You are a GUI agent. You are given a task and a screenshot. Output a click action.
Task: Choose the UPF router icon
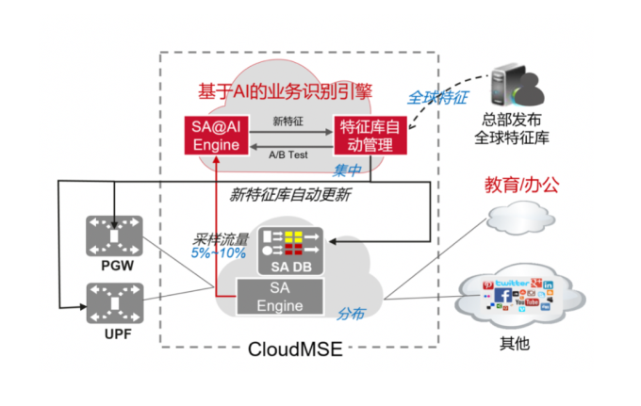click(111, 302)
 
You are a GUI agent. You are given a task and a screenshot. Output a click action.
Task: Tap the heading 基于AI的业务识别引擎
click(286, 91)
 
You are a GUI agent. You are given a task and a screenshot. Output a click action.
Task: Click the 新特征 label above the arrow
click(287, 122)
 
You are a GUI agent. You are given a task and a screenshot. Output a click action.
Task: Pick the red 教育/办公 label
click(521, 186)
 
